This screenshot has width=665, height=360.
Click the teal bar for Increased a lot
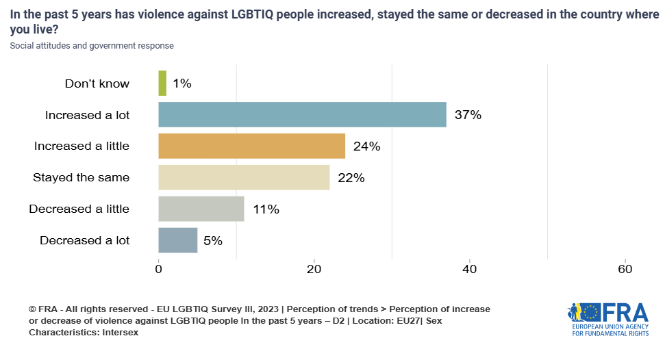tap(302, 115)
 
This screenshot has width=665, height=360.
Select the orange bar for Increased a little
tap(251, 146)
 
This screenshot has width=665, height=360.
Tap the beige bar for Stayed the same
tap(244, 177)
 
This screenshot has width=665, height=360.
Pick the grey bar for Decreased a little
tap(201, 209)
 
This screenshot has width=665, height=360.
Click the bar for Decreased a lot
tap(177, 240)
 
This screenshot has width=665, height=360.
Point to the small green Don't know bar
tap(162, 83)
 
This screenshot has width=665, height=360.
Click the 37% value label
tap(468, 115)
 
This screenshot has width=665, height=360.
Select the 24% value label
tap(366, 146)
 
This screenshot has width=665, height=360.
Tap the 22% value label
tap(351, 178)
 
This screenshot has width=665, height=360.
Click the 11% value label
tap(265, 209)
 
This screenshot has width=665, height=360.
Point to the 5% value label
tap(214, 241)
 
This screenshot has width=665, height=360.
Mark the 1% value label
tap(181, 83)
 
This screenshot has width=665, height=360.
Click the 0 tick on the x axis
tap(159, 270)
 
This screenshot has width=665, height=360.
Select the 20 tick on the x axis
tap(314, 270)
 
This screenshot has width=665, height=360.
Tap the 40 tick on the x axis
tap(470, 270)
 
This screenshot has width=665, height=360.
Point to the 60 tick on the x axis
tap(625, 270)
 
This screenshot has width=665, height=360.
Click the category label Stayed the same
tap(81, 178)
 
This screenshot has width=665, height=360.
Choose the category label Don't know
tap(97, 83)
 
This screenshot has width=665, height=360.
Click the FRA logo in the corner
tap(608, 319)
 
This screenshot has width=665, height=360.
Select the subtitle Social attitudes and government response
tap(92, 46)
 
